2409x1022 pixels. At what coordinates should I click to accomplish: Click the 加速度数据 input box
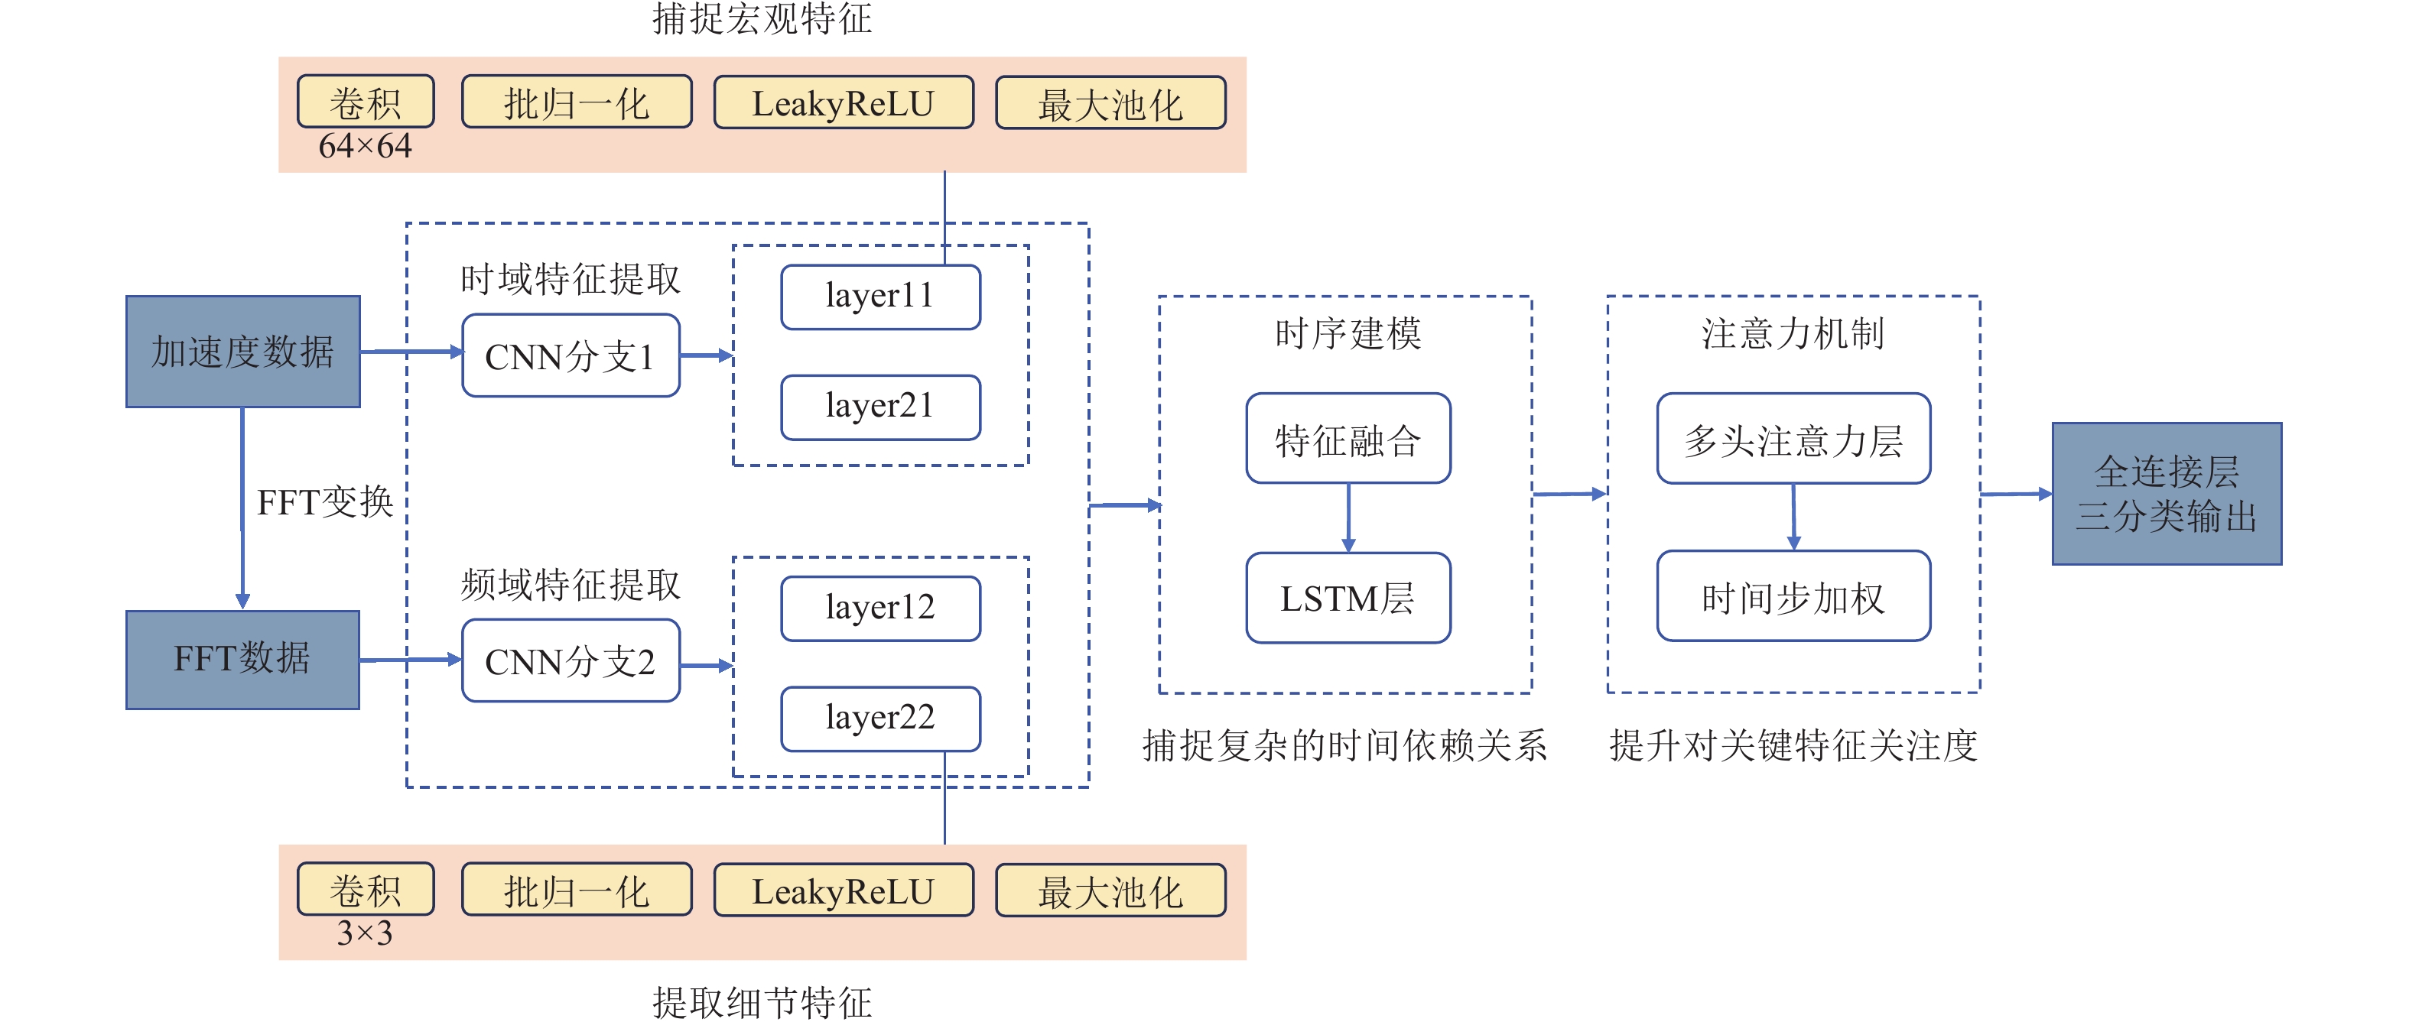[x=242, y=352]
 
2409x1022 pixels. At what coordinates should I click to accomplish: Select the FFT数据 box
[x=242, y=659]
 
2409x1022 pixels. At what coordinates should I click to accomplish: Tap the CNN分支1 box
[x=571, y=356]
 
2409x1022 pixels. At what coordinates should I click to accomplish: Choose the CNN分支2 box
[x=571, y=661]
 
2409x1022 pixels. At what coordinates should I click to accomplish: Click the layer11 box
[x=880, y=297]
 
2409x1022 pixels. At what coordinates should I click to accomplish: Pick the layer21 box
[x=880, y=407]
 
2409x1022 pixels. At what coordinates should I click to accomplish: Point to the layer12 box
[x=880, y=608]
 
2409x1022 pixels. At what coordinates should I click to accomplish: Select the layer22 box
[x=880, y=718]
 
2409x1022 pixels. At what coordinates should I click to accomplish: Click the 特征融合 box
[x=1348, y=439]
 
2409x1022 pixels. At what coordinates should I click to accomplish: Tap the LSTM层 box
[x=1348, y=599]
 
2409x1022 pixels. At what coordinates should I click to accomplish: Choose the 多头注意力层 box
[x=1793, y=439]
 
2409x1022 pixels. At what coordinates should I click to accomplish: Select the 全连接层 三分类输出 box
[x=2166, y=494]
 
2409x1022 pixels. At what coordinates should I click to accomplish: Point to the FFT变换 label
[x=324, y=502]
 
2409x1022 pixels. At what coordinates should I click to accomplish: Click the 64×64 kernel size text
[x=365, y=147]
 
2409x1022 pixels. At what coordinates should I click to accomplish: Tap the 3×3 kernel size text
[x=365, y=933]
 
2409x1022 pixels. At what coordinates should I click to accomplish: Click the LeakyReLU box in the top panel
[x=843, y=103]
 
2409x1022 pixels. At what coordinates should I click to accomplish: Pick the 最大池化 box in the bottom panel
[x=1110, y=891]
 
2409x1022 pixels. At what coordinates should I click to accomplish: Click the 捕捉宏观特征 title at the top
[x=762, y=18]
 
